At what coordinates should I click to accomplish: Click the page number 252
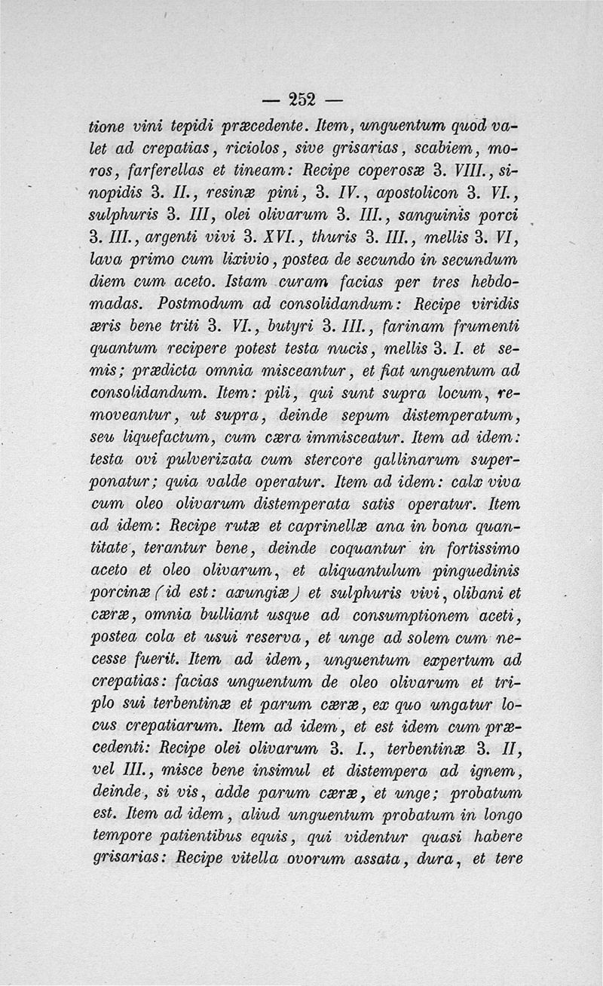pyautogui.click(x=301, y=98)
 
